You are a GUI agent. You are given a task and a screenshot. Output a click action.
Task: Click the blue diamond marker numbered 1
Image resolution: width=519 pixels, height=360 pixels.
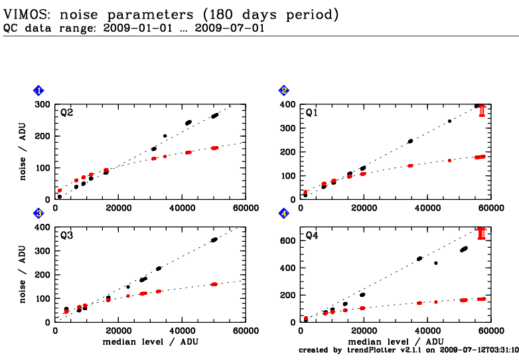point(39,90)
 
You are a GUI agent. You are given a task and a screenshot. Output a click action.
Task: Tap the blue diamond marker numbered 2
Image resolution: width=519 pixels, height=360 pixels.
point(284,90)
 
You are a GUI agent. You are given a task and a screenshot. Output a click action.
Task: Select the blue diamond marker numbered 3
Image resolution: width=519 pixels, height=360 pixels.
point(39,213)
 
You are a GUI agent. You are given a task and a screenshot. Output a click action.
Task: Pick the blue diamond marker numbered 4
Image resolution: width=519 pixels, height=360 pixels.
point(284,213)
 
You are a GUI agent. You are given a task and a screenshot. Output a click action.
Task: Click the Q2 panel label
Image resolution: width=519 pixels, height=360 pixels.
point(66,112)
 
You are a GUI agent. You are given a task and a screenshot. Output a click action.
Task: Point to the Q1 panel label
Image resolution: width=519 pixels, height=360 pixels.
point(311,112)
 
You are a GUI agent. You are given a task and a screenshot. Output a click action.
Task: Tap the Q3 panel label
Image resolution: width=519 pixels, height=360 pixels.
point(66,235)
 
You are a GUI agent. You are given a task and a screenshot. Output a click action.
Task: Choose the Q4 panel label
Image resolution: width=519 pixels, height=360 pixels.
point(311,235)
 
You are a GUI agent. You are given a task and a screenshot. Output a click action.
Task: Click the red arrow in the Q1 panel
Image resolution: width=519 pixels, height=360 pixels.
point(482,110)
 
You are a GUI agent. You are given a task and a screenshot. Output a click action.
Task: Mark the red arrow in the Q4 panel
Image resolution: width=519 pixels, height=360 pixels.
point(482,232)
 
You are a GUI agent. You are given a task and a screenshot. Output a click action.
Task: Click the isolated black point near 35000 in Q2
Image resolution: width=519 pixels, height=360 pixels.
point(165,136)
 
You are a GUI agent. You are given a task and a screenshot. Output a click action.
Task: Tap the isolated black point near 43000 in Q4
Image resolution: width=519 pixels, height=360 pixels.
point(436,263)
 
